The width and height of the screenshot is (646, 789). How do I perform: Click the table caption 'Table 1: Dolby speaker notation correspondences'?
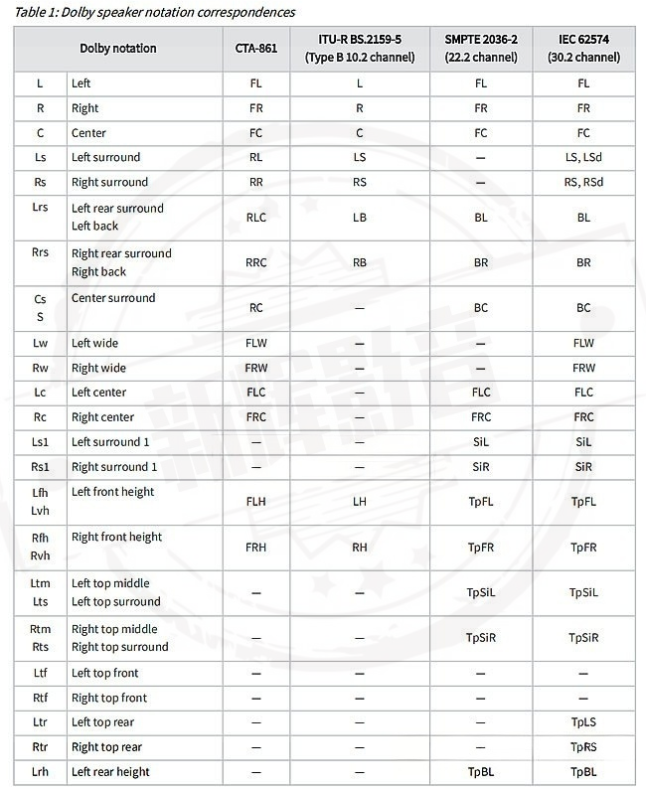154,12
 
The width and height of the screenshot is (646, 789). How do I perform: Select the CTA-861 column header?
256,49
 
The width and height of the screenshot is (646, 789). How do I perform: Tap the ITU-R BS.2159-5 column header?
359,49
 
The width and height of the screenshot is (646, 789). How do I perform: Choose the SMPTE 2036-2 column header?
481,49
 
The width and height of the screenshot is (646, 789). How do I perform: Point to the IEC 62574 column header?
583,49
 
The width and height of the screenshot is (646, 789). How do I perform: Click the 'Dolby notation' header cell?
118,49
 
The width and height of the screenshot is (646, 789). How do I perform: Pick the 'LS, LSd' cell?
583,157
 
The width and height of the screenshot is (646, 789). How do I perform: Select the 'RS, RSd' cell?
583,182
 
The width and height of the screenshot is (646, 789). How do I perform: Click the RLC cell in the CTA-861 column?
256,217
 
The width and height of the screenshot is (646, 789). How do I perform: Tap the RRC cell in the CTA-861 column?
256,262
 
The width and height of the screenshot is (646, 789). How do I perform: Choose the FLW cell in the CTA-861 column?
256,343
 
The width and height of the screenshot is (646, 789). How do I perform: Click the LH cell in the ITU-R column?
359,502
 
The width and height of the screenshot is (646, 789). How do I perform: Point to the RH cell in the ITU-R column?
359,547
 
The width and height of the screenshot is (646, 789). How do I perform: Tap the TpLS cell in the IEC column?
583,722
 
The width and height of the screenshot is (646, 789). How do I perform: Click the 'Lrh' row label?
40,772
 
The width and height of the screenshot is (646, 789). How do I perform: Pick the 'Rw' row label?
40,368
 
